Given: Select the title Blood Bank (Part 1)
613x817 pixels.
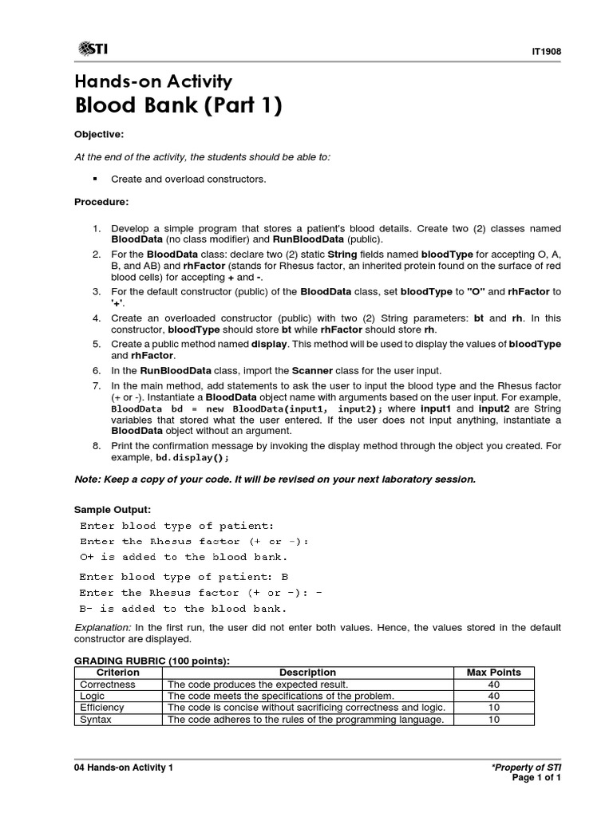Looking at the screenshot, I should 178,105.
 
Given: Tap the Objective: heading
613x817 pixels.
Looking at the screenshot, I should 99,134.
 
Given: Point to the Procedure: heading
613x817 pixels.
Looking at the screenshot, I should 101,202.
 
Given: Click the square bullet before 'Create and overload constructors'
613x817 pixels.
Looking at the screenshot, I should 95,180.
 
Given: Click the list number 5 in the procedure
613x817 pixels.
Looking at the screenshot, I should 96,344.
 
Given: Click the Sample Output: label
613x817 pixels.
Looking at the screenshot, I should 112,509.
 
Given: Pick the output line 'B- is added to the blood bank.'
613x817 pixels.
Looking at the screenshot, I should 184,609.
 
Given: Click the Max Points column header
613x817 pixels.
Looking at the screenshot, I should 493,673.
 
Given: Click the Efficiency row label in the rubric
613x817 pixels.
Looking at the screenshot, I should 101,708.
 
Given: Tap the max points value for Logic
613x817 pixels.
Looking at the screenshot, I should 493,696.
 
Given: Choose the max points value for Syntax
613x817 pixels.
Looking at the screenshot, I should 493,720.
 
